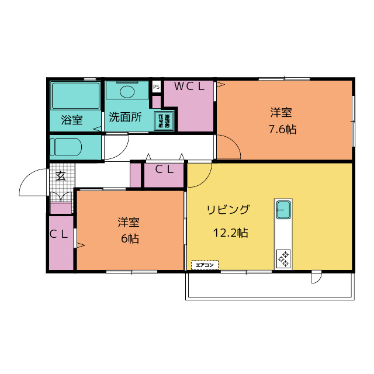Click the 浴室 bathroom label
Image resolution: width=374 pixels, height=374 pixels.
tap(72, 120)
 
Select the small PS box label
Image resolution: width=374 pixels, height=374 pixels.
tap(156, 86)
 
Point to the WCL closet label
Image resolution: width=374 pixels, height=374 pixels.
tap(189, 86)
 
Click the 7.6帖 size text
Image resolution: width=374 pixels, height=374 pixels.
tap(282, 130)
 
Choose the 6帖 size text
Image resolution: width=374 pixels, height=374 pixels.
tap(130, 238)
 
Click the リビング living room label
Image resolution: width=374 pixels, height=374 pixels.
tap(228, 210)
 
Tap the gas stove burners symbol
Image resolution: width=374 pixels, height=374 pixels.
tap(284, 258)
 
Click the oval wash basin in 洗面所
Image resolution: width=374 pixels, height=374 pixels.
tap(127, 91)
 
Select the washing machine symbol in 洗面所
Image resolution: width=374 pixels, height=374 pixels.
tap(164, 120)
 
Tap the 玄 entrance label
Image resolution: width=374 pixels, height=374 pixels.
tap(60, 175)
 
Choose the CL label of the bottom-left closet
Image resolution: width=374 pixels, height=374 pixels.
tap(59, 234)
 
